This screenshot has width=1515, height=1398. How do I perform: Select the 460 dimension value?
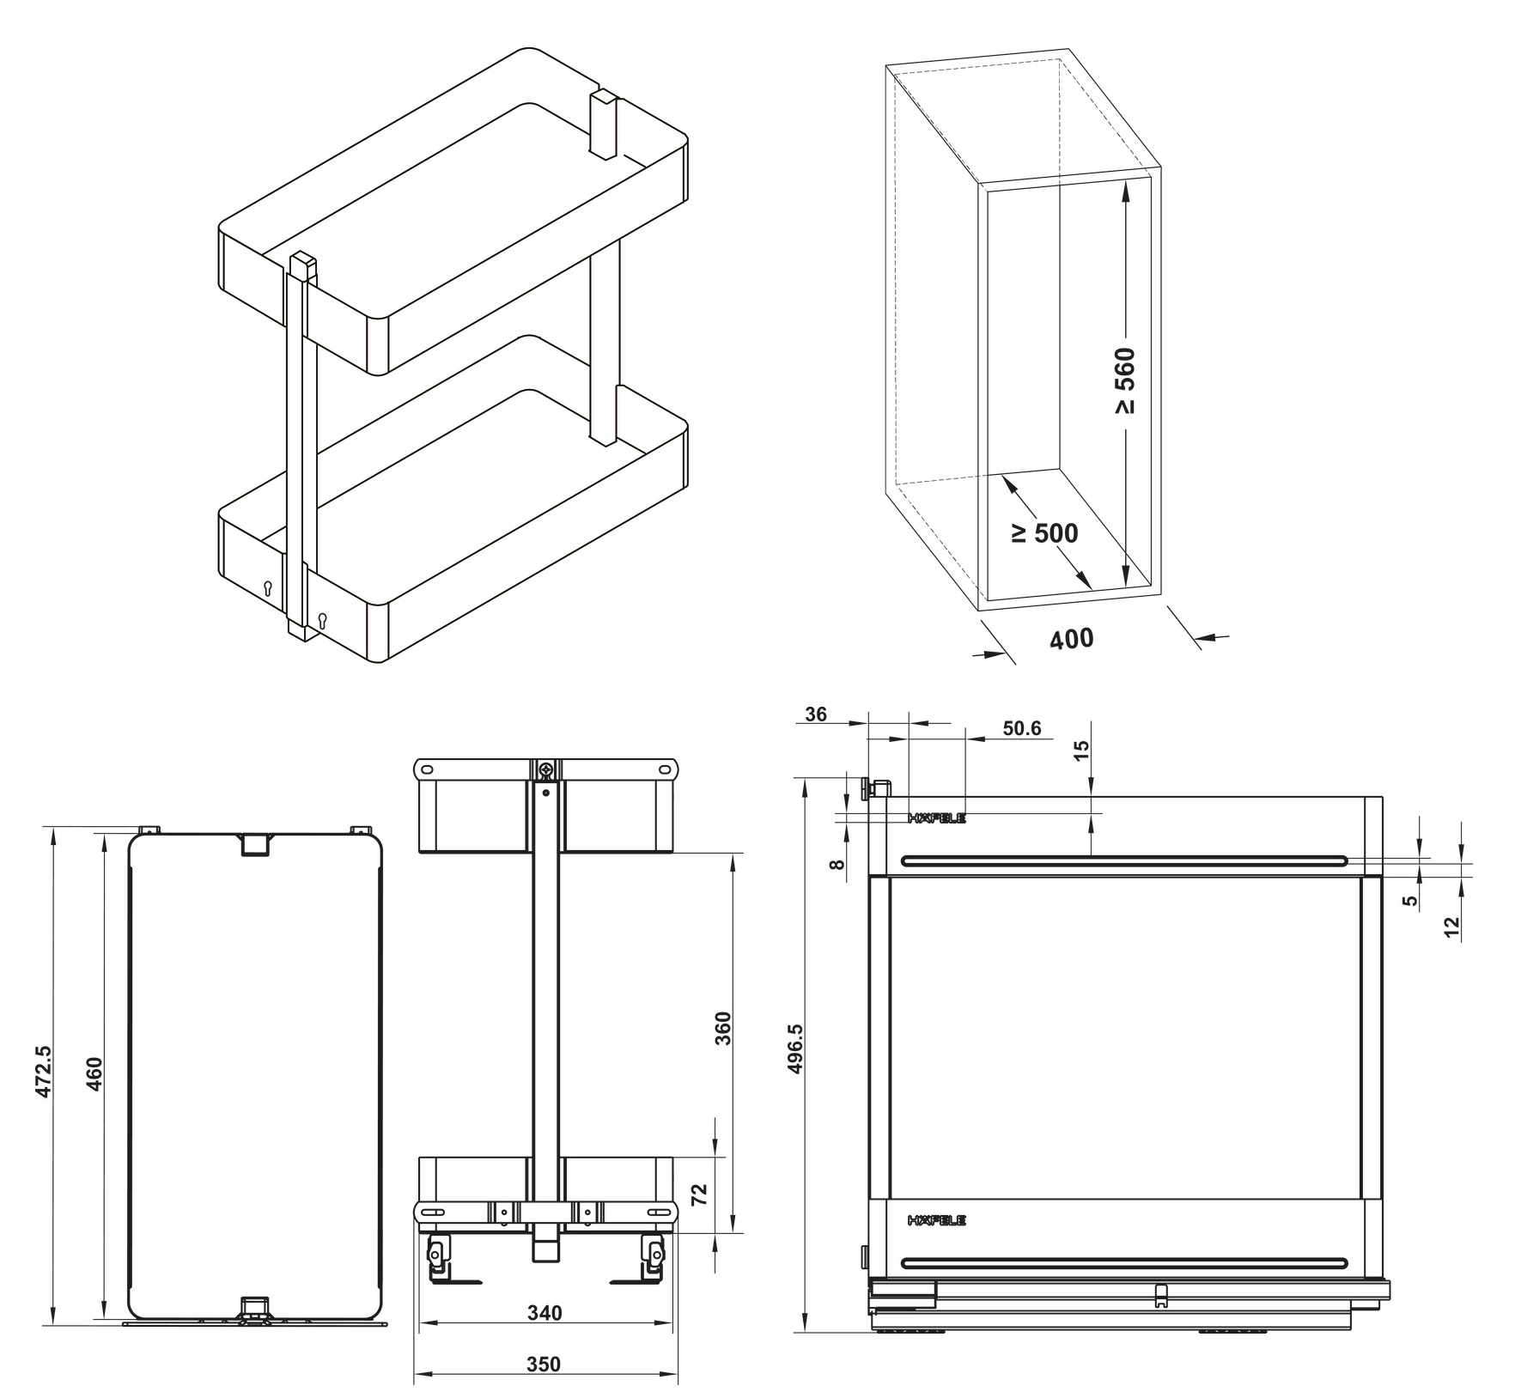tap(94, 1073)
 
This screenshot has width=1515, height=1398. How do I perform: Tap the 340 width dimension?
tap(545, 1313)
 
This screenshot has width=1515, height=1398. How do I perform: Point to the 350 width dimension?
tap(544, 1364)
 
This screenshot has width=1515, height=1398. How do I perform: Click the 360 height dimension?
tap(723, 1028)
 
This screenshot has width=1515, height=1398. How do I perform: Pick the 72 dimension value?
tap(699, 1193)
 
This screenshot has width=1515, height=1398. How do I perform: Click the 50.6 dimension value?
tap(1021, 729)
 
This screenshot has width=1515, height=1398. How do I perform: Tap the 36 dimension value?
tap(816, 714)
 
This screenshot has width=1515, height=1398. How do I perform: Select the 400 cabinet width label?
tap(1072, 639)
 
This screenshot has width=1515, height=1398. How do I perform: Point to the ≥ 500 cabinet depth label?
tap(1044, 533)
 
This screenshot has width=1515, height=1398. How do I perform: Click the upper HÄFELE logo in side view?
tap(936, 818)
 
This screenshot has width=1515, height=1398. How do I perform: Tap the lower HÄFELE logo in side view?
tap(936, 1220)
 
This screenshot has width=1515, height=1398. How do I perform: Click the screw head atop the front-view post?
tap(545, 770)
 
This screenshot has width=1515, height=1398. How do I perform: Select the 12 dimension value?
tap(1452, 927)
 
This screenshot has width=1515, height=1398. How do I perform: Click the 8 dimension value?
tap(838, 865)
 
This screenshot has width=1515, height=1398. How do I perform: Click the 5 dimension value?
tap(1409, 901)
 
